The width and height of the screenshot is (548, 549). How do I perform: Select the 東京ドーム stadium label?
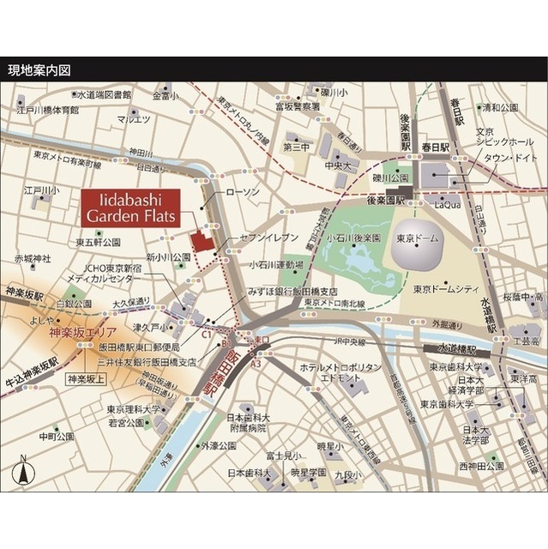[419, 239]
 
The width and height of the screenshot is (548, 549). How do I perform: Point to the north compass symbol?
[22, 471]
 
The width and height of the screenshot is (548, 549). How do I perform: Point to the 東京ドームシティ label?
[444, 288]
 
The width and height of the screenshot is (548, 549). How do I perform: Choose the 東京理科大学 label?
[136, 409]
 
